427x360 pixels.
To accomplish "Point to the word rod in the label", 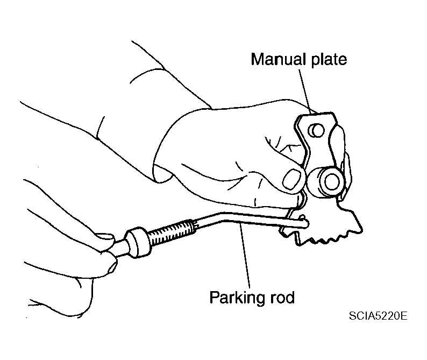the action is click(282, 297).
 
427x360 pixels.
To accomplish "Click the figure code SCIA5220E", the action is click(378, 316).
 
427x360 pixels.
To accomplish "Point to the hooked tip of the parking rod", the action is click(304, 221).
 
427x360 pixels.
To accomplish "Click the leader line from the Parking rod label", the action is click(245, 257).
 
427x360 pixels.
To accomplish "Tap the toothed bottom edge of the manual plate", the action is click(328, 239).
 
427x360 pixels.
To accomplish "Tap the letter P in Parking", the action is click(214, 297).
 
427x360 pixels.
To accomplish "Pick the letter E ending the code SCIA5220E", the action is click(404, 316).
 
